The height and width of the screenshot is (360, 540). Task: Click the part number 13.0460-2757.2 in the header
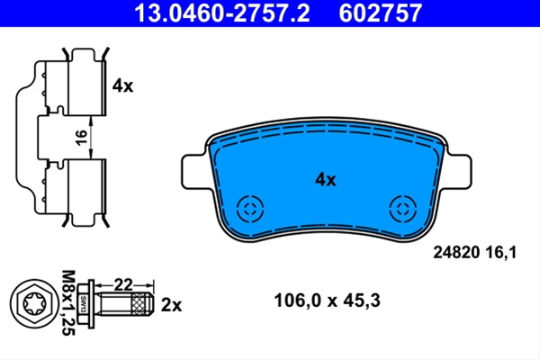point(222,13)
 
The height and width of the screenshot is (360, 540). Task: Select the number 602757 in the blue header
point(380,13)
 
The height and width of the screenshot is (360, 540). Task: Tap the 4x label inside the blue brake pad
point(325,179)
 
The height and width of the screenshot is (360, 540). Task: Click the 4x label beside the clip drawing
point(122,85)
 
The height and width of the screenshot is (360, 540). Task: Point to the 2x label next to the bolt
point(171,305)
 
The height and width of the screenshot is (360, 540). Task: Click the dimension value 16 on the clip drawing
point(81,138)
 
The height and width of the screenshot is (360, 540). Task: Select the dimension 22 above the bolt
point(123,285)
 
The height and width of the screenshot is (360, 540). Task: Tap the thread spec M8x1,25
point(68,302)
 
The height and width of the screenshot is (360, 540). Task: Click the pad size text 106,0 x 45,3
point(328,301)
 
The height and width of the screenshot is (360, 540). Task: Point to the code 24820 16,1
point(475,253)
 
